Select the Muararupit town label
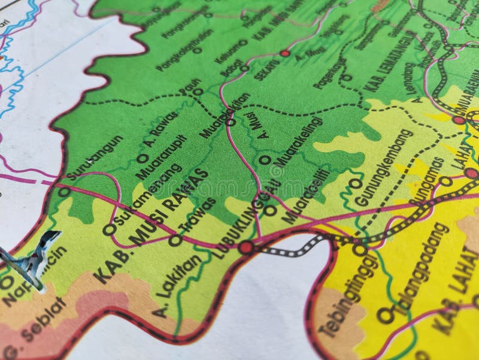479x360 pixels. pos(161,157)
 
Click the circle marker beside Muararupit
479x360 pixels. pos(142,159)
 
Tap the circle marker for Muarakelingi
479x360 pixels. pos(264,160)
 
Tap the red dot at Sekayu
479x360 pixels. pos(285,53)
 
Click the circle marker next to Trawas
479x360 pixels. pos(175,241)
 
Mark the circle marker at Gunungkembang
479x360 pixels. pos(355,183)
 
